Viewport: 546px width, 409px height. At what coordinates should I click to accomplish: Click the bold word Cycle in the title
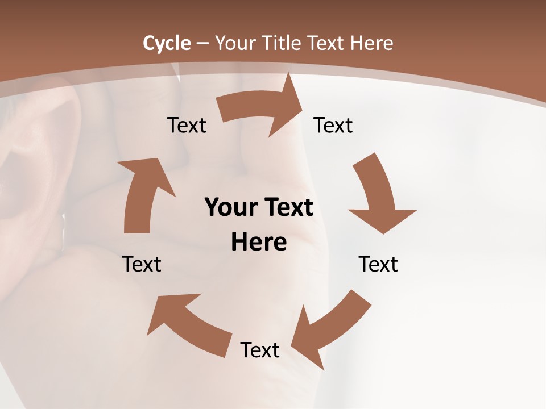click(x=167, y=43)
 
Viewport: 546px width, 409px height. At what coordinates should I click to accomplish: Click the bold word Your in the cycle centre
click(x=231, y=208)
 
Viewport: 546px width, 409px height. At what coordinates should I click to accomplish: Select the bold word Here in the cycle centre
click(x=259, y=243)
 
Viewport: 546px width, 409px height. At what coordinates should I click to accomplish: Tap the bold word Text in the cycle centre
click(x=287, y=208)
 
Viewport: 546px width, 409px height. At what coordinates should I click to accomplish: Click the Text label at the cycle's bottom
click(x=260, y=350)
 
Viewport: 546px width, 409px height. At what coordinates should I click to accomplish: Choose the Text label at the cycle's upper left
click(x=187, y=125)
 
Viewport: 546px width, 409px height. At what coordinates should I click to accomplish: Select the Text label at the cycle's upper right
click(x=333, y=125)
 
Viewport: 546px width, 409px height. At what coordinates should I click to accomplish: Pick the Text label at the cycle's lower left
click(x=142, y=264)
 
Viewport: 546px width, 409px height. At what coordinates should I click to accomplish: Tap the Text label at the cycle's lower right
click(x=378, y=264)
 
